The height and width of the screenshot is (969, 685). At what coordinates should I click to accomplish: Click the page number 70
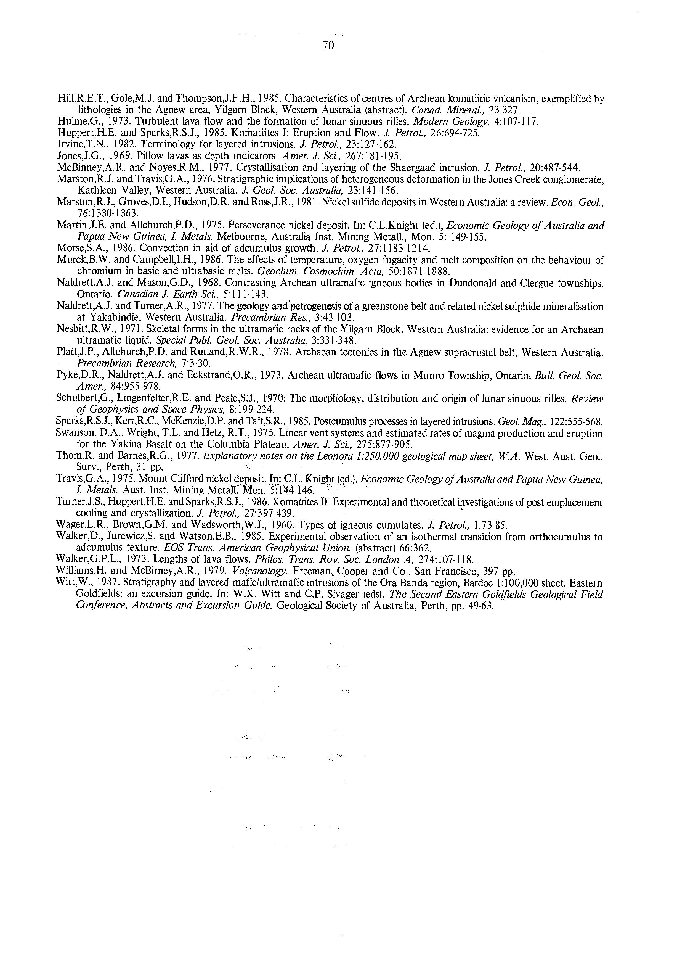pos(328,46)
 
